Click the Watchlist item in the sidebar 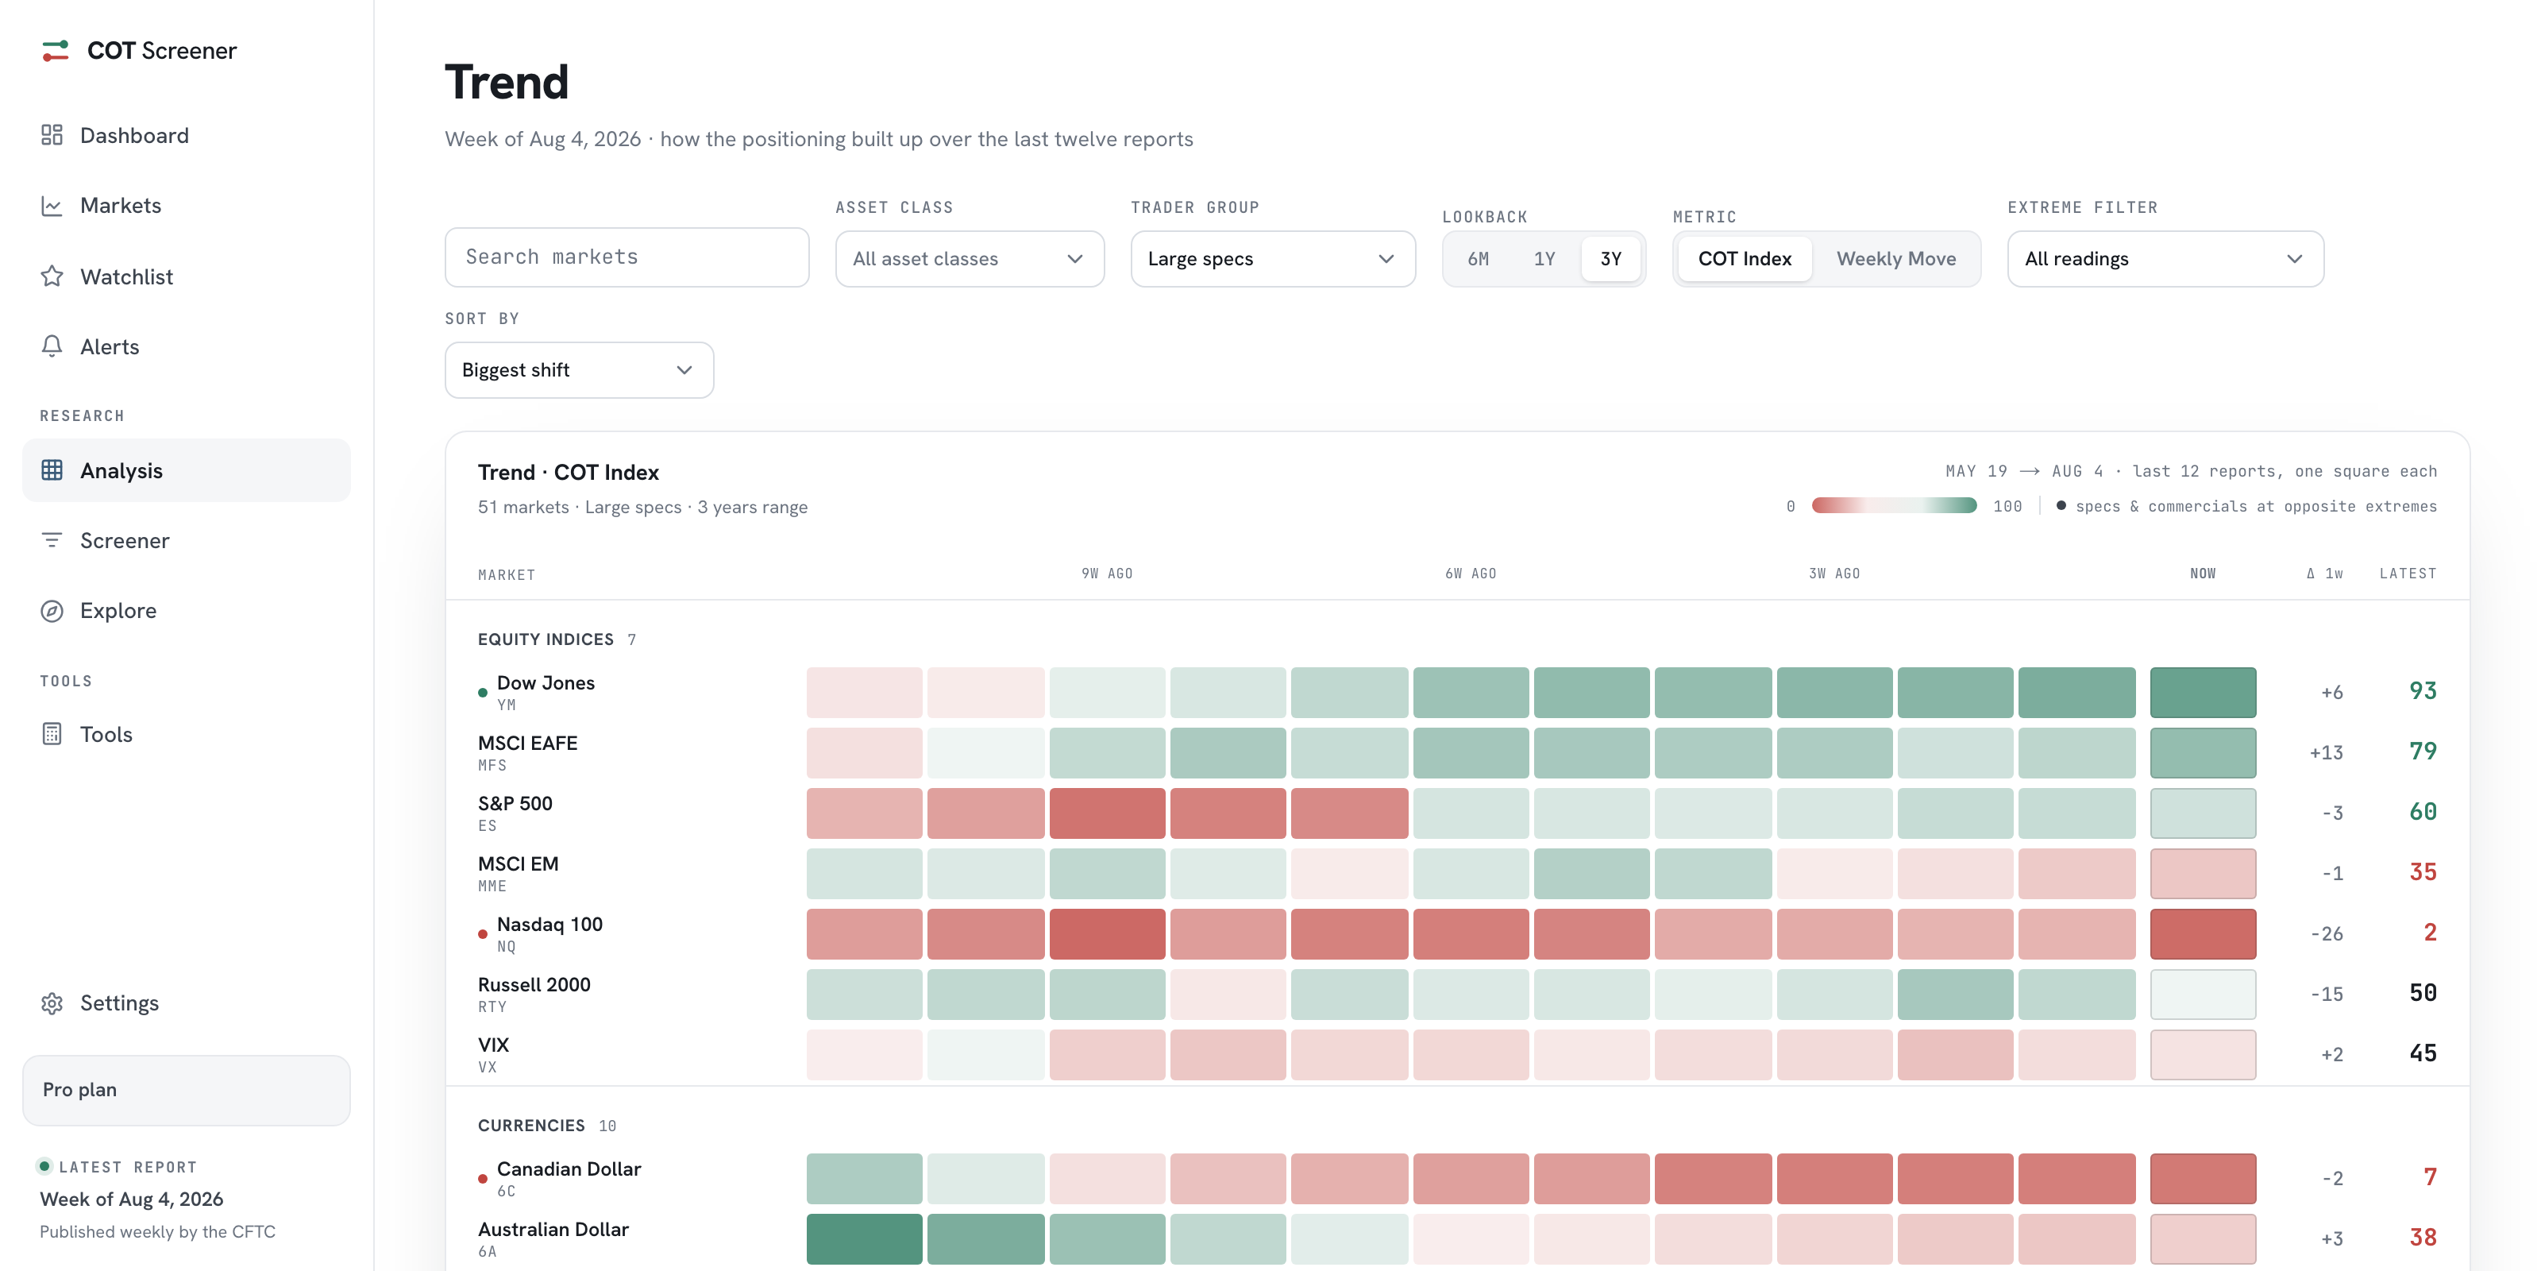click(126, 276)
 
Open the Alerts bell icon click(52, 346)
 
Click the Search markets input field click(627, 257)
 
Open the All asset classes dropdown click(970, 258)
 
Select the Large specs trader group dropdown click(1272, 258)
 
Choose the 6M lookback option click(1478, 258)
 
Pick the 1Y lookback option click(1544, 258)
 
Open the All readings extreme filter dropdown click(2165, 258)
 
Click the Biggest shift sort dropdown click(579, 370)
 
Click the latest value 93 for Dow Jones click(2423, 691)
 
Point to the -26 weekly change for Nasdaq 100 click(2327, 933)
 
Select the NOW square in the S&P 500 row click(2203, 813)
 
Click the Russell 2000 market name click(534, 984)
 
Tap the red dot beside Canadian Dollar click(482, 1178)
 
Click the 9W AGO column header click(1107, 574)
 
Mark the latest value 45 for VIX click(2423, 1053)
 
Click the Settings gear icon click(52, 1003)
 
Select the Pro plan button click(187, 1089)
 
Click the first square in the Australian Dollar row click(864, 1238)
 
